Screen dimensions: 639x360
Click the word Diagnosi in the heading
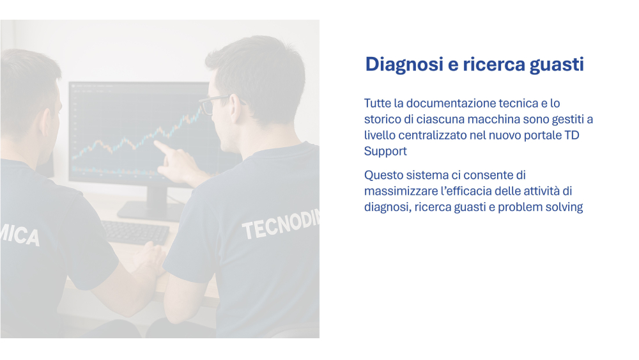click(399, 65)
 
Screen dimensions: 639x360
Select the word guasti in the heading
click(557, 65)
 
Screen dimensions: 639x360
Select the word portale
click(543, 135)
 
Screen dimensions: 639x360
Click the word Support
click(385, 152)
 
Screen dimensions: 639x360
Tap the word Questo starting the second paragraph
click(385, 175)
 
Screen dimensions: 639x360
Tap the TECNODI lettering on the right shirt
click(281, 224)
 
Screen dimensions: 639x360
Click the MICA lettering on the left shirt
click(20, 235)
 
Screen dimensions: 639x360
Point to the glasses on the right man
click(219, 103)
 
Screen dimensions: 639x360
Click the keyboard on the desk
click(135, 232)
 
